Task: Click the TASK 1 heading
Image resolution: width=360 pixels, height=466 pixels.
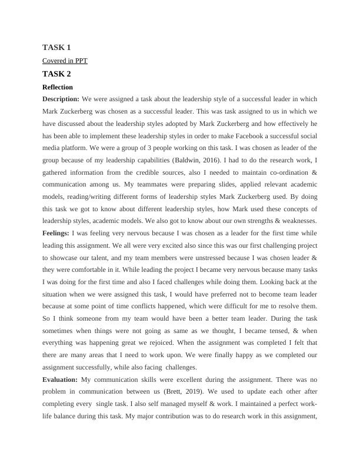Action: pos(56,47)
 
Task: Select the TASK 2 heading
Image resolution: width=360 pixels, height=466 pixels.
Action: pos(56,74)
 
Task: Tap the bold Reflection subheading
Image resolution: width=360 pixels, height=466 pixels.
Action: pos(58,87)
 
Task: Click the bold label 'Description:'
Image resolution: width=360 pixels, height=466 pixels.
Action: pos(61,99)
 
